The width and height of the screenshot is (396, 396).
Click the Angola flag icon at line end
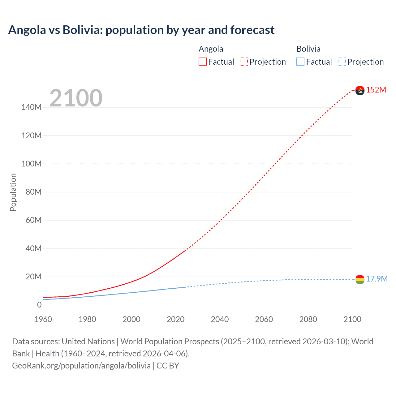coord(360,90)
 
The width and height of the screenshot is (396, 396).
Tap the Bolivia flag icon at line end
coord(360,279)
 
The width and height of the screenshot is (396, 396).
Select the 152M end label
coord(376,90)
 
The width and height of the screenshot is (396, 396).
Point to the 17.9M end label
coord(377,279)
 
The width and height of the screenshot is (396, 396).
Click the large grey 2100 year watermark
coord(76,98)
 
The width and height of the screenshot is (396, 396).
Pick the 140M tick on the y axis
coord(31,107)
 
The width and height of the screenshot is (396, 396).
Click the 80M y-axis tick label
coord(33,192)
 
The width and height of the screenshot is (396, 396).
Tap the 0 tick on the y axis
coord(39,305)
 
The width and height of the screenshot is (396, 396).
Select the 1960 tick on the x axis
coord(43,319)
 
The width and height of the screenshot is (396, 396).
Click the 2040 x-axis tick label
coord(220,319)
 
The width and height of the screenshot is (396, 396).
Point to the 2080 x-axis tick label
coord(308,319)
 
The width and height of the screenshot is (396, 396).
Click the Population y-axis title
coord(13,192)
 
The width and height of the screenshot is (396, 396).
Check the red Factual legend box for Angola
coord(203,62)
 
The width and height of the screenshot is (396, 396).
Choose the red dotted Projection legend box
coord(244,62)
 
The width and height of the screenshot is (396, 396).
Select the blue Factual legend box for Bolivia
coord(300,62)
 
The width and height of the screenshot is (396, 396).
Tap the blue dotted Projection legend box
coord(342,62)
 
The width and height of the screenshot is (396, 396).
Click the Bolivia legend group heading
coord(308,49)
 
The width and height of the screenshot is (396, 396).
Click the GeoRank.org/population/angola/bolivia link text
coord(81,365)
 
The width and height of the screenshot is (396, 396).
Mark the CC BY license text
coord(168,365)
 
